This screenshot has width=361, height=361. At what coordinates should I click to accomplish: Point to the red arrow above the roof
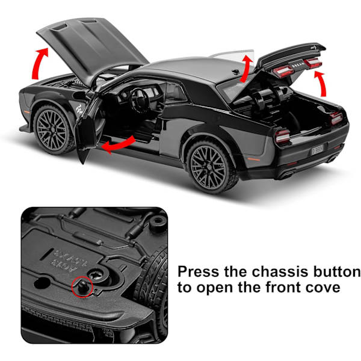click(x=245, y=68)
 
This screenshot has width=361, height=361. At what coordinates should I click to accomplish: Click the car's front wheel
click(x=52, y=130)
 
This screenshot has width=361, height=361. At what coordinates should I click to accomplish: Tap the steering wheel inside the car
click(x=140, y=100)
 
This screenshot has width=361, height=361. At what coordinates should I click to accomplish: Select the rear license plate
click(x=318, y=149)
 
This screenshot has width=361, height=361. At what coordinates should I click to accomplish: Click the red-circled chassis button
click(x=82, y=286)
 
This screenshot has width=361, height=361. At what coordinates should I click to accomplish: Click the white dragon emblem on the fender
click(x=79, y=110)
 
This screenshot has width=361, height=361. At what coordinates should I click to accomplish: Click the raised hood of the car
click(x=92, y=46)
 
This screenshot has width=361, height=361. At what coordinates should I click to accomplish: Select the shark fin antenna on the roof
click(x=236, y=72)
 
